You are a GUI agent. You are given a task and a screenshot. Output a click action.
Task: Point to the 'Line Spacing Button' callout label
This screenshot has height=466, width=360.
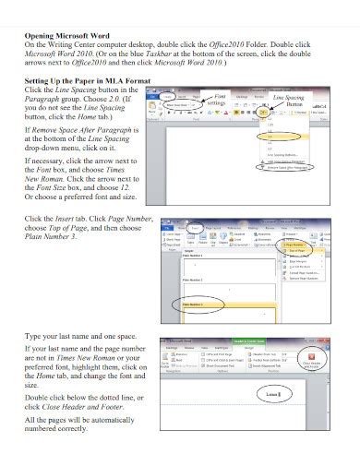tap(289, 100)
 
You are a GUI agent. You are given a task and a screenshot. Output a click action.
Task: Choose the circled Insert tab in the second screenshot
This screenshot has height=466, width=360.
tap(197, 224)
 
